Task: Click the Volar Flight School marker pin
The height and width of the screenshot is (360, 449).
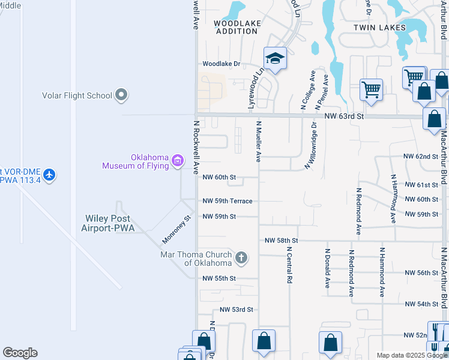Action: coord(122,95)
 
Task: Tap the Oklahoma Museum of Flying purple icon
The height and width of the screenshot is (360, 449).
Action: coord(177,160)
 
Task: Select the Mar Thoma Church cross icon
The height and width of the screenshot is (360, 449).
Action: coord(241,258)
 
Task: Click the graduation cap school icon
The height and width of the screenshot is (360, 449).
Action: coord(275,58)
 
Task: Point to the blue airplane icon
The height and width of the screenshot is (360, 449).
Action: coord(49,175)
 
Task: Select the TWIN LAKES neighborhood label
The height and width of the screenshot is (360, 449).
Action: coord(379,28)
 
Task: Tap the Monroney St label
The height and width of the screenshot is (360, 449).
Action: coord(175,230)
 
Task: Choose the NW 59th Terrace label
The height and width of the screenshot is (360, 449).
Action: coord(228,201)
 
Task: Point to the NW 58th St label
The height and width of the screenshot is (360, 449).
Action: coord(282,240)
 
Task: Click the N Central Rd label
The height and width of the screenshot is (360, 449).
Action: coord(289,265)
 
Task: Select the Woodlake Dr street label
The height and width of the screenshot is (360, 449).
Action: coord(221,64)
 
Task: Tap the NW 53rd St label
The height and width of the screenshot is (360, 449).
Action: coord(237,310)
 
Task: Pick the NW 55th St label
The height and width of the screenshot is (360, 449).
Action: coord(219,278)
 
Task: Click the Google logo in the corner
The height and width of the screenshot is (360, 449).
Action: coord(20,353)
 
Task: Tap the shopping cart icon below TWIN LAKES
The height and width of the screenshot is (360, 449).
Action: coord(371,89)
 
